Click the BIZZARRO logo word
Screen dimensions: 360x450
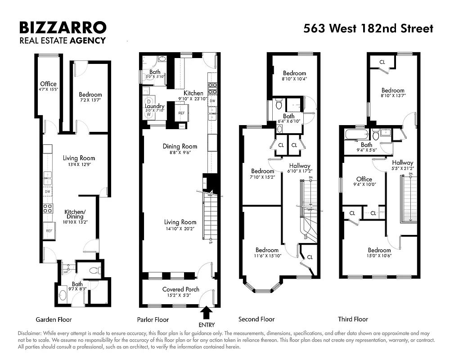pos(63,27)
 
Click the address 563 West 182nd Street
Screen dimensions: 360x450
pos(368,28)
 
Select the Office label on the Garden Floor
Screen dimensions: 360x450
pos(48,84)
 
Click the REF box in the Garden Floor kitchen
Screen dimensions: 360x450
pos(49,230)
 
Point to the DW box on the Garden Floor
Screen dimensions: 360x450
pos(48,192)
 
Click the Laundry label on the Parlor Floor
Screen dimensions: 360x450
pos(155,106)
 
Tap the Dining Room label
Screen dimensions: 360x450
pos(180,146)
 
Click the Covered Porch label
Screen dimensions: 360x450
pos(180,289)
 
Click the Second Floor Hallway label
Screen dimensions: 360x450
pos(300,166)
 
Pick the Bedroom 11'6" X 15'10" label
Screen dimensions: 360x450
pos(267,250)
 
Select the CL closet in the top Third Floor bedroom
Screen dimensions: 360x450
pos(382,62)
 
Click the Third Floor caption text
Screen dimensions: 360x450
pos(353,319)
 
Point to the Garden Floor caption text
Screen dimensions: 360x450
pos(54,319)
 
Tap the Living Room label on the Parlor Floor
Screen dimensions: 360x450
pos(180,222)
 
